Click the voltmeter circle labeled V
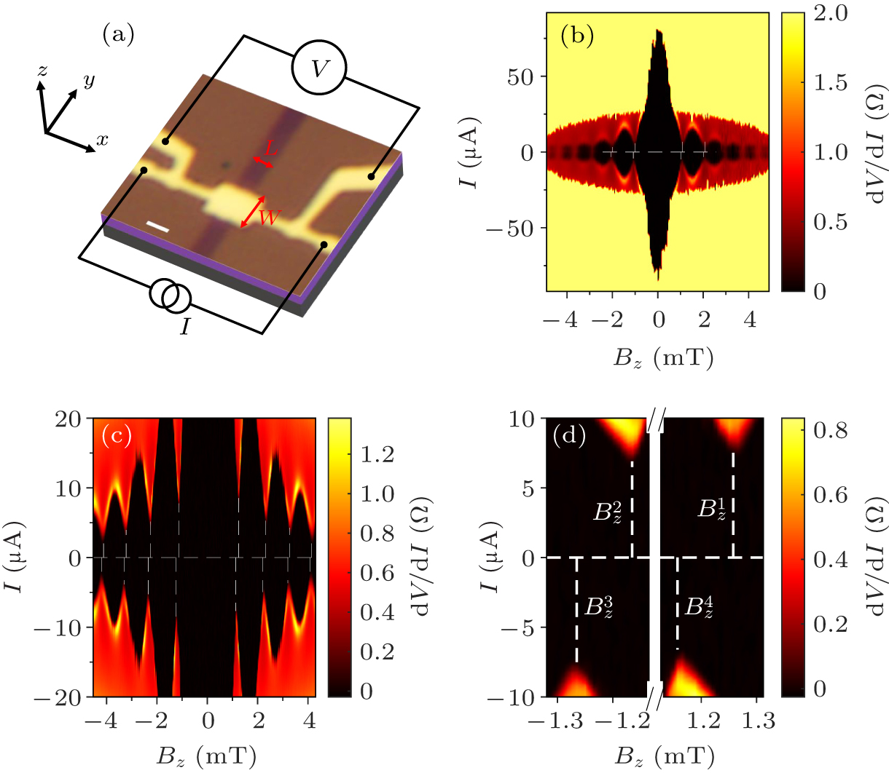pyautogui.click(x=318, y=68)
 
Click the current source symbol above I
pyautogui.click(x=171, y=296)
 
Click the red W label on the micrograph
pyautogui.click(x=269, y=217)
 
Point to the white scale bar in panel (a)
pyautogui.click(x=158, y=228)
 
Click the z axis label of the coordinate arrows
pyautogui.click(x=43, y=71)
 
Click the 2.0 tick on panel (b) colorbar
pyautogui.click(x=830, y=14)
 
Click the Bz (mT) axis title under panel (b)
pyautogui.click(x=658, y=357)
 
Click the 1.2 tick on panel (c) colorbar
pyautogui.click(x=378, y=455)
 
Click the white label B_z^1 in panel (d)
pyautogui.click(x=711, y=509)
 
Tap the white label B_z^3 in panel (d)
pyautogui.click(x=598, y=606)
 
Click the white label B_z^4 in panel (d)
pyautogui.click(x=698, y=606)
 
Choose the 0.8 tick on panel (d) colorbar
pyautogui.click(x=830, y=431)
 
